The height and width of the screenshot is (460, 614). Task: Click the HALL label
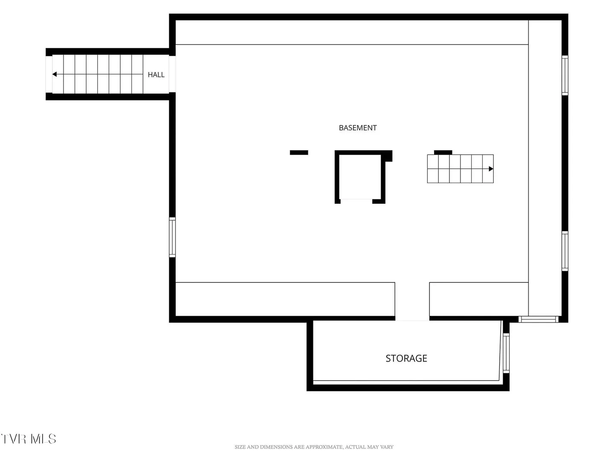click(156, 75)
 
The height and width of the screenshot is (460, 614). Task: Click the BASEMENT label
click(357, 128)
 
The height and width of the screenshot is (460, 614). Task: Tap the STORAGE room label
click(406, 358)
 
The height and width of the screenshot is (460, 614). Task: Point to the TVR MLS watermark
click(28, 439)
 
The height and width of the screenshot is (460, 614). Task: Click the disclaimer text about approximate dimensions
click(314, 447)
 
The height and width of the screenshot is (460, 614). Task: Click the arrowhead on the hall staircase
click(55, 74)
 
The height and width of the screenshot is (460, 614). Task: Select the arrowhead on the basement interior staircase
click(491, 169)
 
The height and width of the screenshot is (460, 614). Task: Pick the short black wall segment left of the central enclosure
click(299, 152)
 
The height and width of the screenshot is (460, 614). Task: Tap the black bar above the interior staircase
click(443, 152)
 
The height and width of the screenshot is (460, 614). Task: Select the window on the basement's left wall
click(172, 237)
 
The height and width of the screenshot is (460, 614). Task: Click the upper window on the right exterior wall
click(565, 75)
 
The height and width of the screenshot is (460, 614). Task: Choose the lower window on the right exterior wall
click(565, 251)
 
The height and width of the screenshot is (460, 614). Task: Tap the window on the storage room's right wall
click(506, 353)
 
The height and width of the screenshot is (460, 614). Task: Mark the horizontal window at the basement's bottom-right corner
click(538, 319)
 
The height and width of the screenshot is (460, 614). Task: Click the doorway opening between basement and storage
click(412, 319)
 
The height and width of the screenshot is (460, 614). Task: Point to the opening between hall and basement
click(172, 74)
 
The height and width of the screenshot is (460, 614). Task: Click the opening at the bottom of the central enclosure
click(356, 201)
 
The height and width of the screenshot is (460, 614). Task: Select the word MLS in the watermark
click(43, 439)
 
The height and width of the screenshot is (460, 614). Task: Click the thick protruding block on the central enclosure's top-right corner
click(387, 156)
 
